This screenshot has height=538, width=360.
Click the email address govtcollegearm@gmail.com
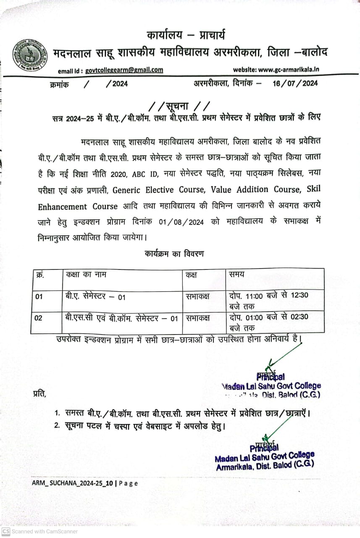(x=124, y=71)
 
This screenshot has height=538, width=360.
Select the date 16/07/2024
(x=295, y=83)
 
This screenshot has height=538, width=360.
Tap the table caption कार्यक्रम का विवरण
(x=175, y=254)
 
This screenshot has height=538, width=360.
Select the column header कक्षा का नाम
(x=86, y=275)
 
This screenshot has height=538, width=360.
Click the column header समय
(x=237, y=275)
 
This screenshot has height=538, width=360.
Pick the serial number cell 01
(x=39, y=297)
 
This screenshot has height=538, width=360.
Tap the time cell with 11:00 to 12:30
(x=269, y=300)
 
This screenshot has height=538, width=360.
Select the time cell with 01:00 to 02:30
(x=269, y=322)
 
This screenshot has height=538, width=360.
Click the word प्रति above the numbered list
(x=40, y=394)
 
